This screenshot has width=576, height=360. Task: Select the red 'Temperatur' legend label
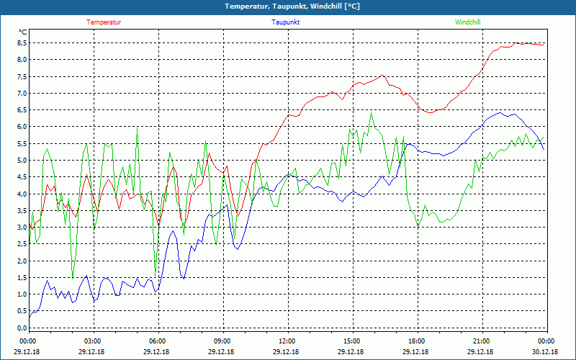[104, 22]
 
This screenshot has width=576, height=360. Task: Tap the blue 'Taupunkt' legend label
[286, 22]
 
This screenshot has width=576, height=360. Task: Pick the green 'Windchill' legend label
[467, 22]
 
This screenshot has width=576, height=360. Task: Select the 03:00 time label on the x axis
[93, 341]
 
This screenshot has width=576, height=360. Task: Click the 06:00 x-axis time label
[158, 341]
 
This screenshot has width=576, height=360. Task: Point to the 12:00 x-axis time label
[287, 341]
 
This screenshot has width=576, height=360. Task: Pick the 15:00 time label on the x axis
[352, 341]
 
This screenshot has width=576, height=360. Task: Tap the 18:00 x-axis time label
[417, 341]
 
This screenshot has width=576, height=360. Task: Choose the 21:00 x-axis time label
[482, 341]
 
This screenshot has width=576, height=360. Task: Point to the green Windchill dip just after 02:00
[73, 277]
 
